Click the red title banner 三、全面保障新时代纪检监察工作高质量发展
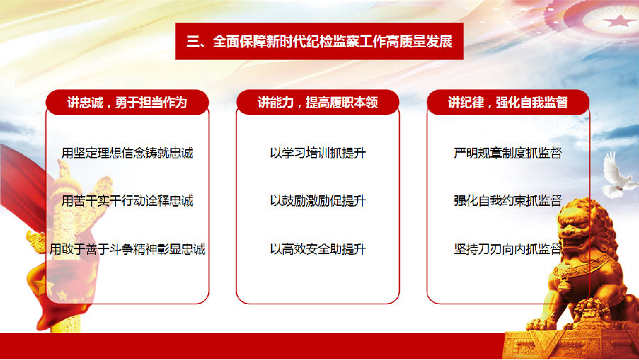(x=319, y=41)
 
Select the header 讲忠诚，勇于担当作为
(x=127, y=102)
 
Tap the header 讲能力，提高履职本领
(x=318, y=102)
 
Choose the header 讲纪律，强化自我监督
(x=508, y=102)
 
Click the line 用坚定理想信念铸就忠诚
(x=127, y=153)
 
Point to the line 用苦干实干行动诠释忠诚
(x=127, y=201)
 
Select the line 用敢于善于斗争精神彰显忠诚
(x=127, y=249)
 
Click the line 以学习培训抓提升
(x=318, y=153)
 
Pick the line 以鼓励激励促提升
(x=318, y=201)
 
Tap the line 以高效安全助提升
(x=318, y=249)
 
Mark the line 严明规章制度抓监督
(x=508, y=153)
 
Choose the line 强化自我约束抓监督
(x=508, y=201)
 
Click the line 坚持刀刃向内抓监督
(x=508, y=249)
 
